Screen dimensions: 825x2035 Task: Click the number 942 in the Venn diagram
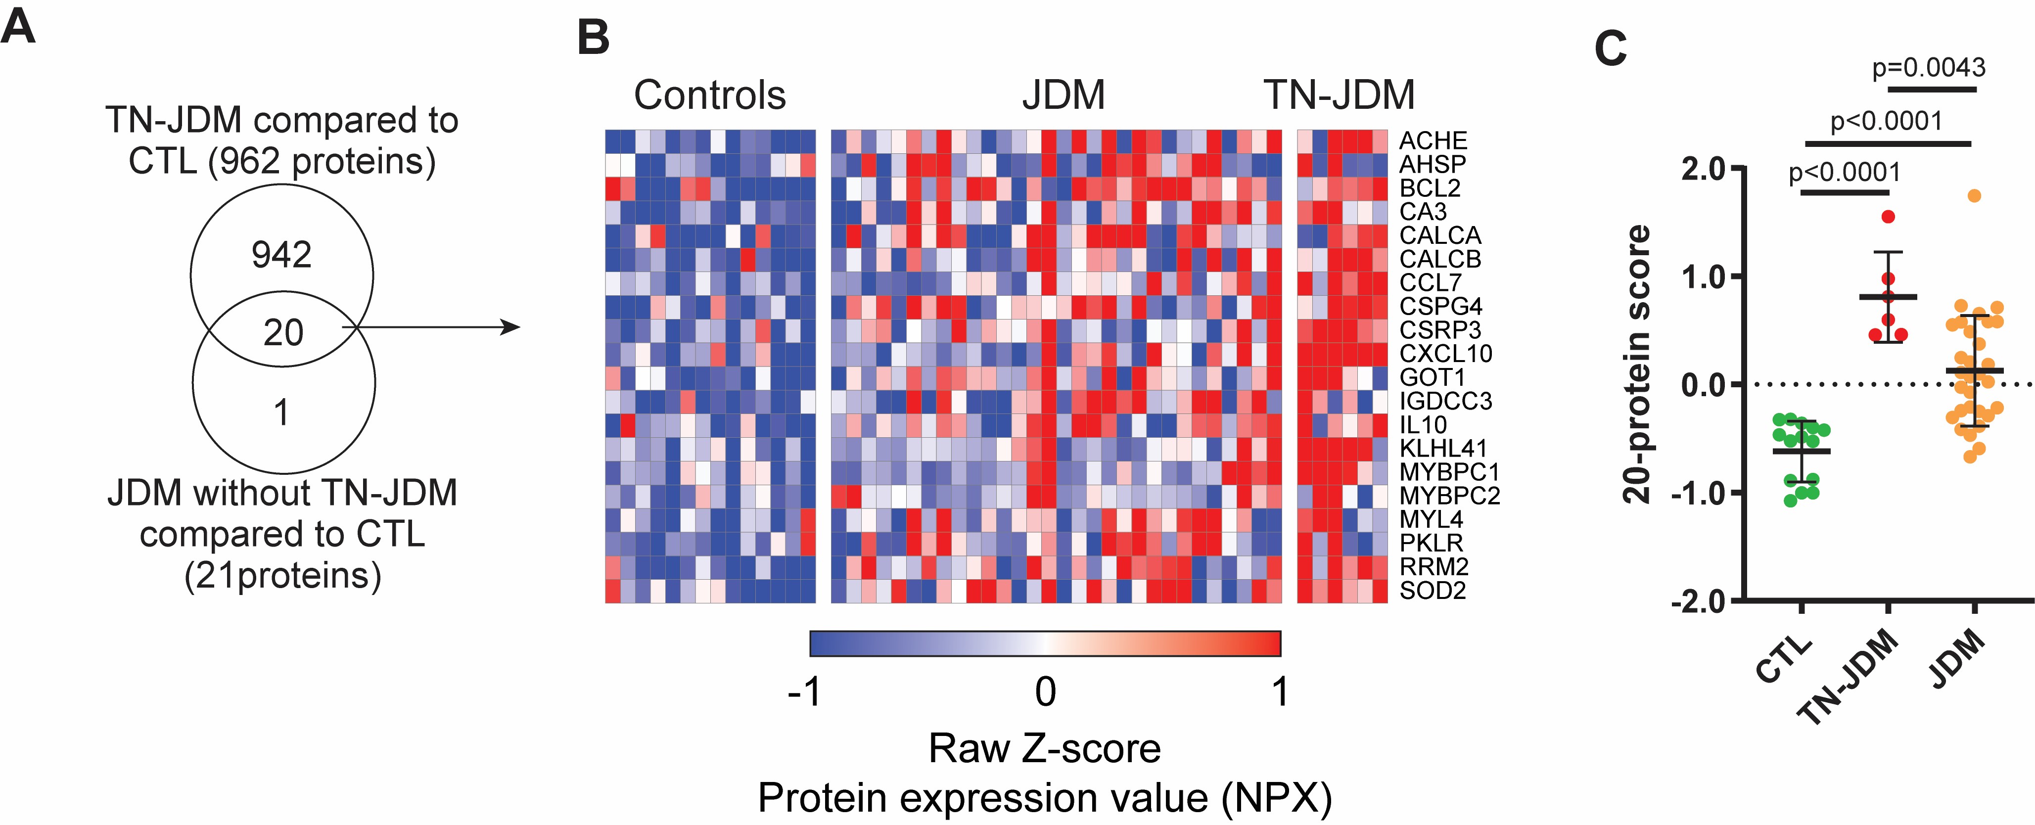(281, 254)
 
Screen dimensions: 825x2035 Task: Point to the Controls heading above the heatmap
(709, 95)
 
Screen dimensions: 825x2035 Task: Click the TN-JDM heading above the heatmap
(1339, 95)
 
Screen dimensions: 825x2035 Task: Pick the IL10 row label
(1423, 424)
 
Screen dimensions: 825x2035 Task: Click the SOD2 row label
(1432, 590)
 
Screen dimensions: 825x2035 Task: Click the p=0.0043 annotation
(1928, 68)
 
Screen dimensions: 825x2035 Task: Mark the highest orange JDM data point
(1974, 196)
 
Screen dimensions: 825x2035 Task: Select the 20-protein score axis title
(1636, 364)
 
